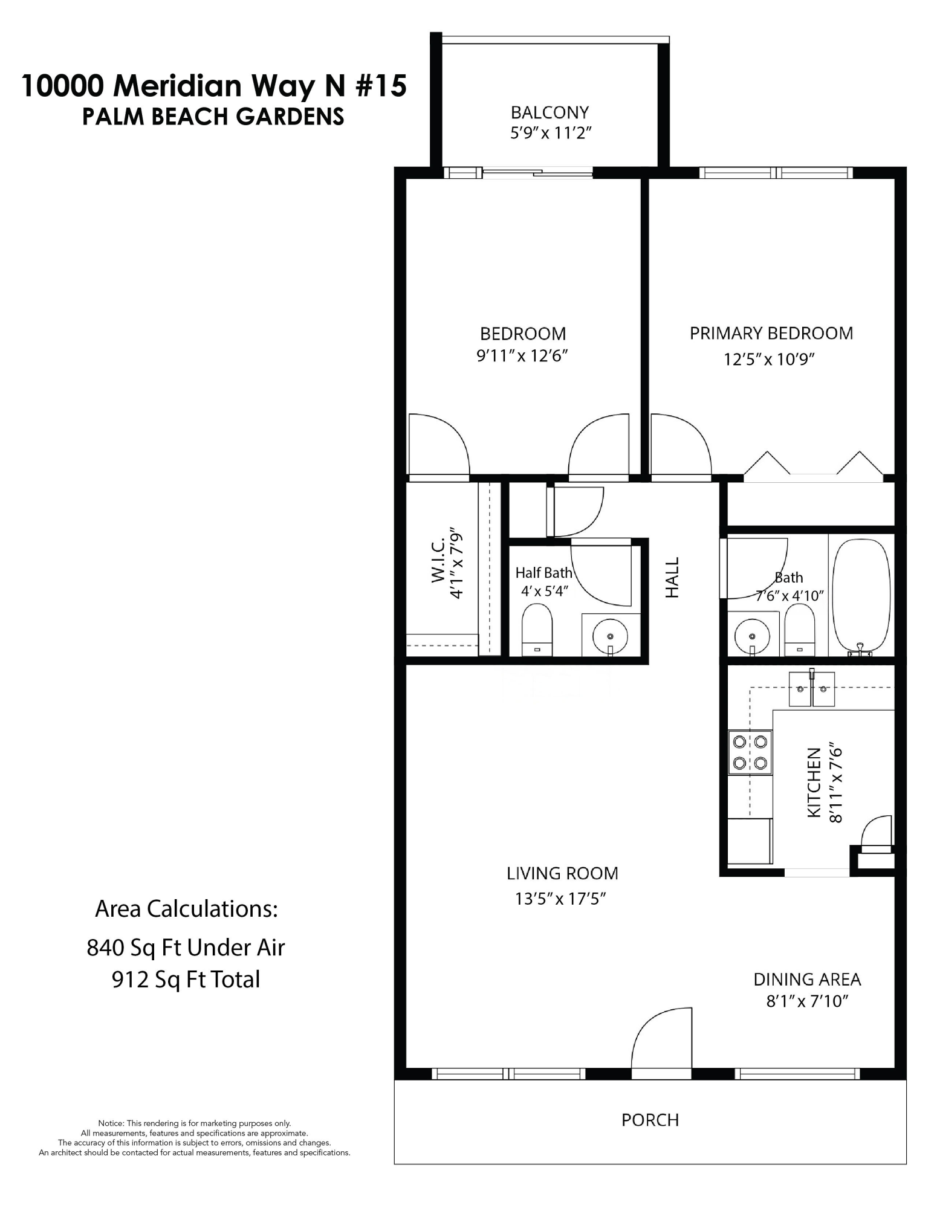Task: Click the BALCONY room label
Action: [549, 112]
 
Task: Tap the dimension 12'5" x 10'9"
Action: [769, 359]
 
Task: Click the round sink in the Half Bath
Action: [610, 636]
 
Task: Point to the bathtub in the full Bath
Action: [861, 596]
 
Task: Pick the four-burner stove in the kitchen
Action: [750, 752]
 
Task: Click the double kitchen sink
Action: [811, 688]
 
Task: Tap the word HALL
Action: [672, 577]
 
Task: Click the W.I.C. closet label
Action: [439, 562]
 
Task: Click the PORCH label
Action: [650, 1120]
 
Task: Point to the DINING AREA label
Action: [806, 979]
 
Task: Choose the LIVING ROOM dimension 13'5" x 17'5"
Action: [560, 899]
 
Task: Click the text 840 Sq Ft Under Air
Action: [186, 948]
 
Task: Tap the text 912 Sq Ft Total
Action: [186, 980]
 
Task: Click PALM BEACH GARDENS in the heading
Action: [213, 116]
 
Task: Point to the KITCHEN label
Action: [814, 783]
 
